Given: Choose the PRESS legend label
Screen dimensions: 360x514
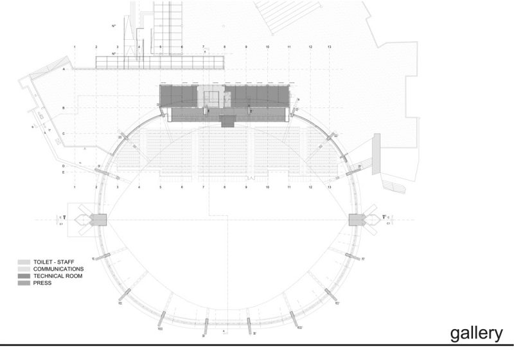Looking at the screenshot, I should click(x=42, y=282).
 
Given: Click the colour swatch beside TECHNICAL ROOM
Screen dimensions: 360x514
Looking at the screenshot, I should click(x=23, y=275).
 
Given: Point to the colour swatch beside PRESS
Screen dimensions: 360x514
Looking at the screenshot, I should click(x=23, y=282).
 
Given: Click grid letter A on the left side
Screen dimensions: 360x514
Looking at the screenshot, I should click(x=64, y=69).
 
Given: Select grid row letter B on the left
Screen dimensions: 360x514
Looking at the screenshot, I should click(x=64, y=107).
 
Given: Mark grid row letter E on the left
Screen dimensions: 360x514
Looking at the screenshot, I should click(x=64, y=172).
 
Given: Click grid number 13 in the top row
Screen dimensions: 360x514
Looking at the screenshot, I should click(x=330, y=47).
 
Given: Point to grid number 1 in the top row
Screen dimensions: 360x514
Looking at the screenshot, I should click(x=75, y=47).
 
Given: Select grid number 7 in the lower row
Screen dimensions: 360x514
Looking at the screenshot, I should click(x=203, y=187).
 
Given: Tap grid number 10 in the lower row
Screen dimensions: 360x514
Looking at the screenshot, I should click(x=267, y=187).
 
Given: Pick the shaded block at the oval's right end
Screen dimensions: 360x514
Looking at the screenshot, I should click(x=356, y=220).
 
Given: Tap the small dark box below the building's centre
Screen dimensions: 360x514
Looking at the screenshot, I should click(x=227, y=120).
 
